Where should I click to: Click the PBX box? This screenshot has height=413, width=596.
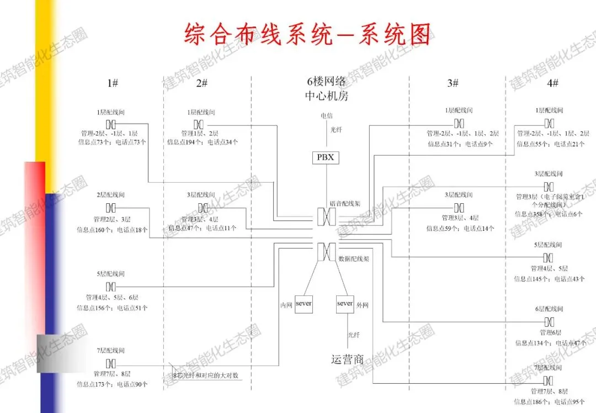click(325, 157)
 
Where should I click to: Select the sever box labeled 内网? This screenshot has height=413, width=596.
click(304, 304)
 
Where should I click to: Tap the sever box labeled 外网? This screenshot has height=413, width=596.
click(345, 304)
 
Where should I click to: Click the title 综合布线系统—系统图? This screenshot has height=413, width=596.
click(307, 34)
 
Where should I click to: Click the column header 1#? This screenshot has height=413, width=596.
click(113, 83)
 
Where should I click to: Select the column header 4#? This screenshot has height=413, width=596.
click(552, 83)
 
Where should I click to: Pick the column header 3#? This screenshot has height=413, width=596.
click(453, 83)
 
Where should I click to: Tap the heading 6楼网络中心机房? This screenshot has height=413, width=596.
click(327, 89)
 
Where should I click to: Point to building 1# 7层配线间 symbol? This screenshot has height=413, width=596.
click(111, 363)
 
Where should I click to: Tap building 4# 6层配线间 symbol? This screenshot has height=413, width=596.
click(549, 322)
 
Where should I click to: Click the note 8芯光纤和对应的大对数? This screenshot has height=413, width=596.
click(205, 376)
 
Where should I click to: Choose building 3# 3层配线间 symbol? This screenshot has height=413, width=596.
click(459, 208)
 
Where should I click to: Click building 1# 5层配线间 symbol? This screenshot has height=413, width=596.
click(111, 286)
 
